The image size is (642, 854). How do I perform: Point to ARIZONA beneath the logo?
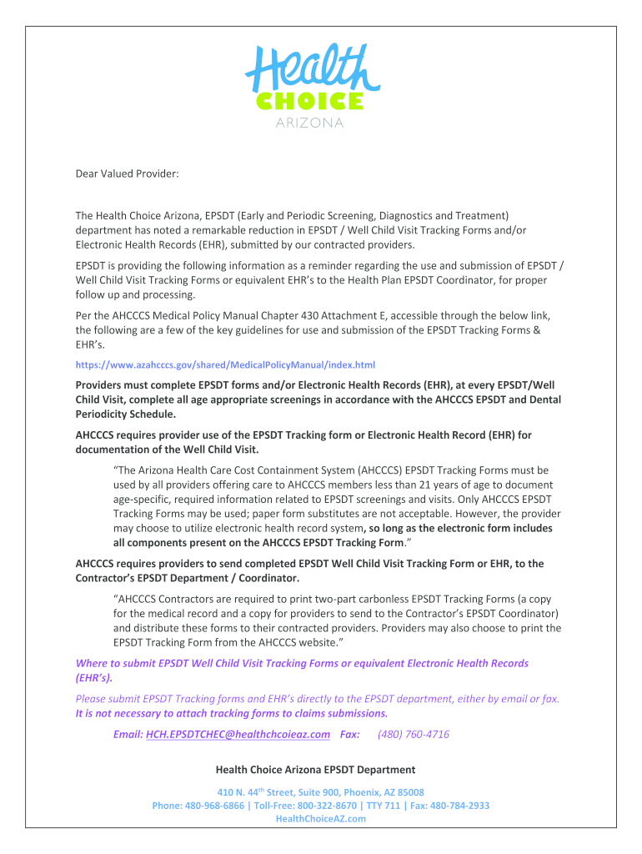(x=309, y=123)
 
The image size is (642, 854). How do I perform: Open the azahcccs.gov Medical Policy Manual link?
(x=225, y=364)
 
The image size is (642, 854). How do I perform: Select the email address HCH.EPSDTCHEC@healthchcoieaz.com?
(x=238, y=734)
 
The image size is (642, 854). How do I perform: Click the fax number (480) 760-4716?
(x=413, y=734)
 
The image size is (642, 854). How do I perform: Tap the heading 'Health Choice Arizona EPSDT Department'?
(x=315, y=769)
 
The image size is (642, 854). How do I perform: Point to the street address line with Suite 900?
(x=320, y=792)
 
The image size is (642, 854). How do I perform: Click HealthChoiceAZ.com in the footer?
(x=320, y=819)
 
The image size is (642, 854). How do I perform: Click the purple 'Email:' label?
(x=128, y=734)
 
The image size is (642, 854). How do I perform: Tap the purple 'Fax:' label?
(x=350, y=734)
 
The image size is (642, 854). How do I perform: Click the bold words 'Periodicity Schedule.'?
(x=126, y=414)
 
